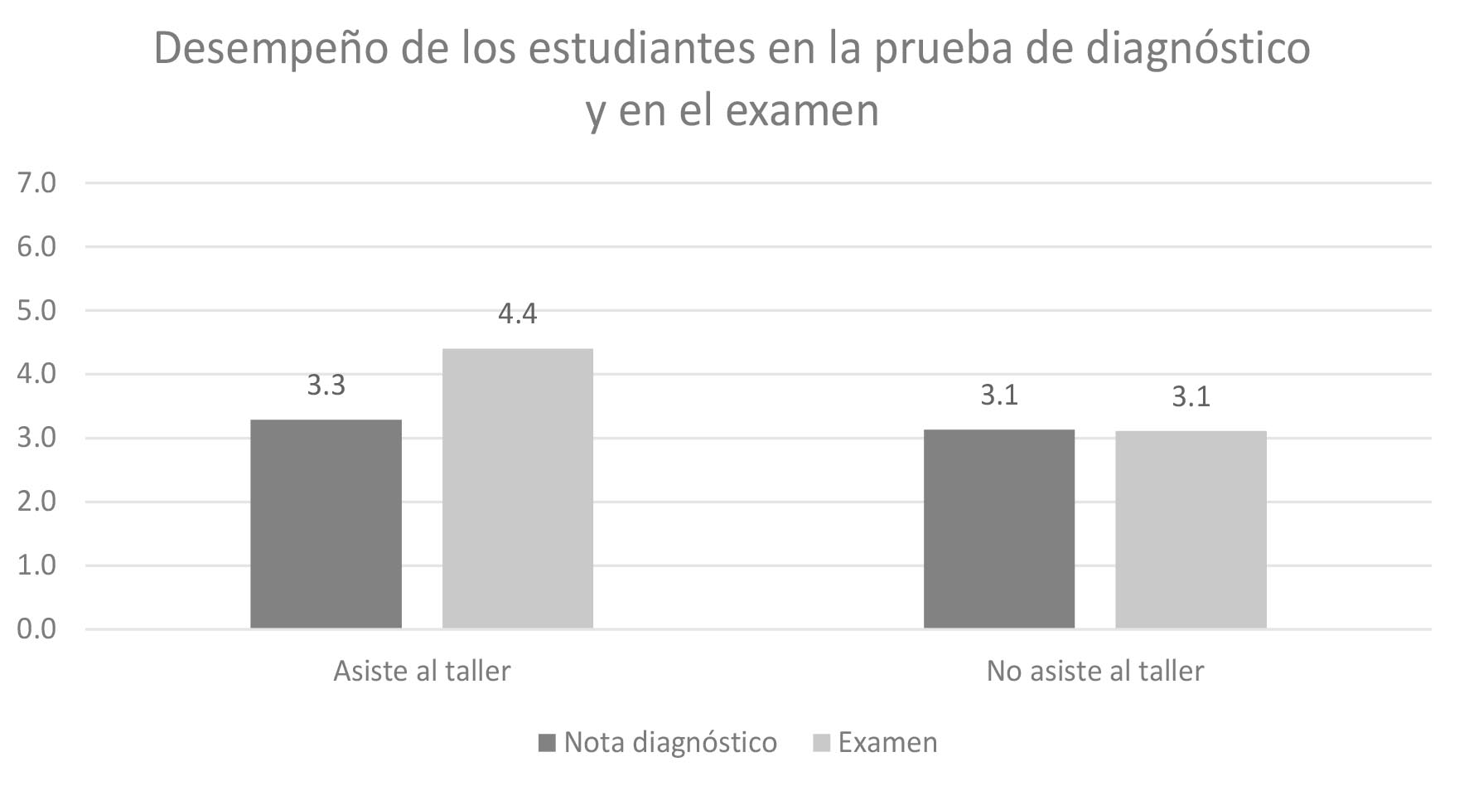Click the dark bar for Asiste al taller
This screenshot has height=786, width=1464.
(326, 524)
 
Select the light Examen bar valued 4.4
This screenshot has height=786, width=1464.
(517, 488)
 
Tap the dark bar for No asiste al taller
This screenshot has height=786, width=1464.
(998, 529)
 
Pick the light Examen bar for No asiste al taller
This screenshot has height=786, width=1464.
(1191, 530)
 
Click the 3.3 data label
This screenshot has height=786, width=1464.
(326, 386)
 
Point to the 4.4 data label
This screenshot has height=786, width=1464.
(517, 314)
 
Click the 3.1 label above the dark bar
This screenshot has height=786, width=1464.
(998, 395)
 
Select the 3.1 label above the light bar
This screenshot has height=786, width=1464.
(1191, 397)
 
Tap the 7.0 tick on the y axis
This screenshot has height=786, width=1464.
(36, 182)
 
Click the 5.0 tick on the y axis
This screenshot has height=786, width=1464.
(36, 310)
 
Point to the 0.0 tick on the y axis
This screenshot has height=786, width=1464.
(36, 628)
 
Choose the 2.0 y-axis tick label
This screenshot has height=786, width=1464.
(36, 502)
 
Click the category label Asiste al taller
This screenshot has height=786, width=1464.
(422, 671)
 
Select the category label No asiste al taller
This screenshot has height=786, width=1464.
(1094, 671)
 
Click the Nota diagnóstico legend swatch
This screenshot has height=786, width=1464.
(547, 743)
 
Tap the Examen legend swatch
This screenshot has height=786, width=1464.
(821, 743)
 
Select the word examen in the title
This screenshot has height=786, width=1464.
(801, 111)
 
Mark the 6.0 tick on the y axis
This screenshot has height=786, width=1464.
(36, 246)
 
